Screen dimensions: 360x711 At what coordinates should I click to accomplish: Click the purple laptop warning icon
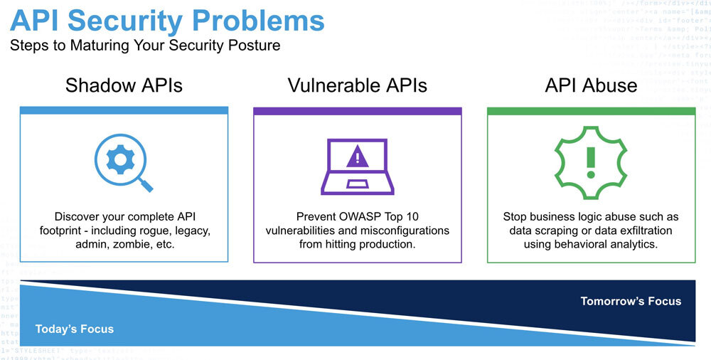[x=358, y=166]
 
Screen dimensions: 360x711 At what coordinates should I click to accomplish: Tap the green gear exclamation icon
[x=590, y=163]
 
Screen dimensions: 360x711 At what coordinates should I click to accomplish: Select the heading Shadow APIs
[x=124, y=86]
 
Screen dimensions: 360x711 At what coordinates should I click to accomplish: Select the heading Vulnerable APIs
[x=357, y=86]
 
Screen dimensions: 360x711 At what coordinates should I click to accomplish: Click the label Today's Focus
[x=75, y=329]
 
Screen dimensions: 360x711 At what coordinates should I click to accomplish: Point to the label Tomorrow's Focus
[x=631, y=301]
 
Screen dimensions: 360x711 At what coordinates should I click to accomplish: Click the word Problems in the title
[x=261, y=21]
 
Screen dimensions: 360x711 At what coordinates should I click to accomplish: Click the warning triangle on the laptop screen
[x=357, y=157]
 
